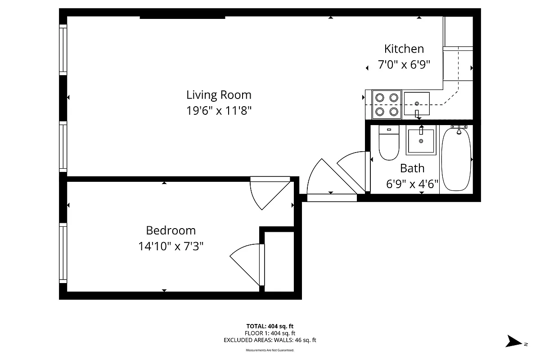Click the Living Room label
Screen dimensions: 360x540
(x=219, y=95)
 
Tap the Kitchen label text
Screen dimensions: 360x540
(x=404, y=49)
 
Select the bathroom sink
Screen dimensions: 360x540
(x=421, y=141)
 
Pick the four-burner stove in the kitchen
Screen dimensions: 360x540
(x=387, y=104)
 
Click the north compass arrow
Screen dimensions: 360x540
(x=513, y=341)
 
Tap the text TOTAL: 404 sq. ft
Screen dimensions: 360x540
(x=270, y=326)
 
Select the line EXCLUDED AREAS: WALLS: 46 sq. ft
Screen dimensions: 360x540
(x=270, y=340)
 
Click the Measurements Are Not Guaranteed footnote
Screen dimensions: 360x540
(x=270, y=350)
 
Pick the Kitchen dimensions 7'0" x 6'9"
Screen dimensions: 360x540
(x=404, y=65)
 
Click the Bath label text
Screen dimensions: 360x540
(x=412, y=168)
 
